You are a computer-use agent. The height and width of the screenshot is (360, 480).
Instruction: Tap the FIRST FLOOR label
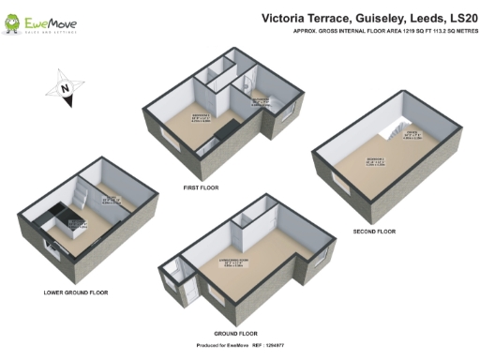[201, 187]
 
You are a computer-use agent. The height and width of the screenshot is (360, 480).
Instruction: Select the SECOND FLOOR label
[374, 232]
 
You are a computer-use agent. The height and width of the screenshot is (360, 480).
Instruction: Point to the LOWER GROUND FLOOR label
[76, 292]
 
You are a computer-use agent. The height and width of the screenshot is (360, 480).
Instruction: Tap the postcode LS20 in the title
[455, 16]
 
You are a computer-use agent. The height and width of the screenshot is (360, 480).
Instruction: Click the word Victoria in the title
[289, 16]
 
